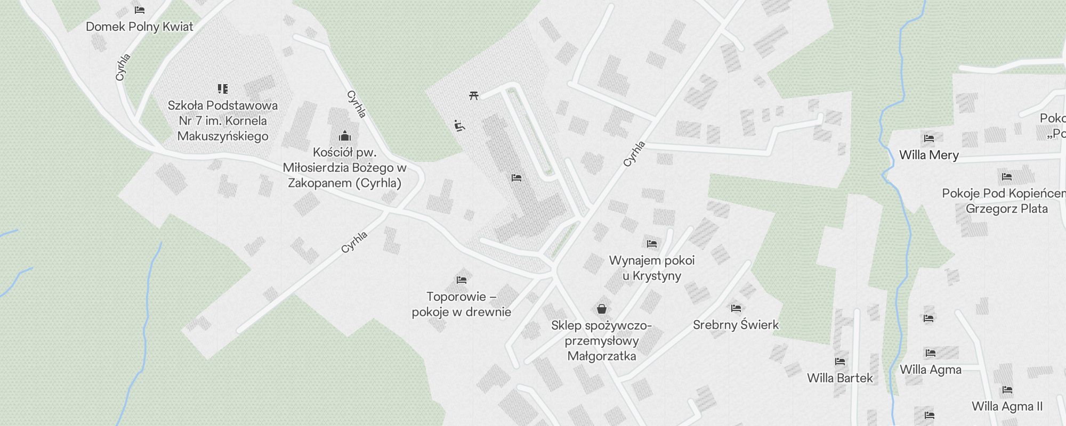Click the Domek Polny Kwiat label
point(140,27)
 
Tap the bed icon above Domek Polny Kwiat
point(140,10)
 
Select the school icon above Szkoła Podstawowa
point(223,88)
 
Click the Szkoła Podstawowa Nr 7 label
point(223,121)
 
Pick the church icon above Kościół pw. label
point(345,136)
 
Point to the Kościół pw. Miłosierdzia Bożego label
point(345,168)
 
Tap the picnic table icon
point(474,95)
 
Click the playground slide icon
point(459,126)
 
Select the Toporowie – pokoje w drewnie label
point(462,304)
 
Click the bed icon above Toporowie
point(462,280)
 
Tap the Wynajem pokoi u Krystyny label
point(652,268)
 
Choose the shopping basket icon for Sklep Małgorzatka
point(602,309)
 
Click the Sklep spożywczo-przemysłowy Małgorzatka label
point(602,341)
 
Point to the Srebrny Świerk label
point(736,325)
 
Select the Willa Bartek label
point(840,378)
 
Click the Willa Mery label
point(929,155)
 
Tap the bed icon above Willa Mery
point(929,138)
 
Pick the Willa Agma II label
point(1007,406)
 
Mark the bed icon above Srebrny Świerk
point(736,308)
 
